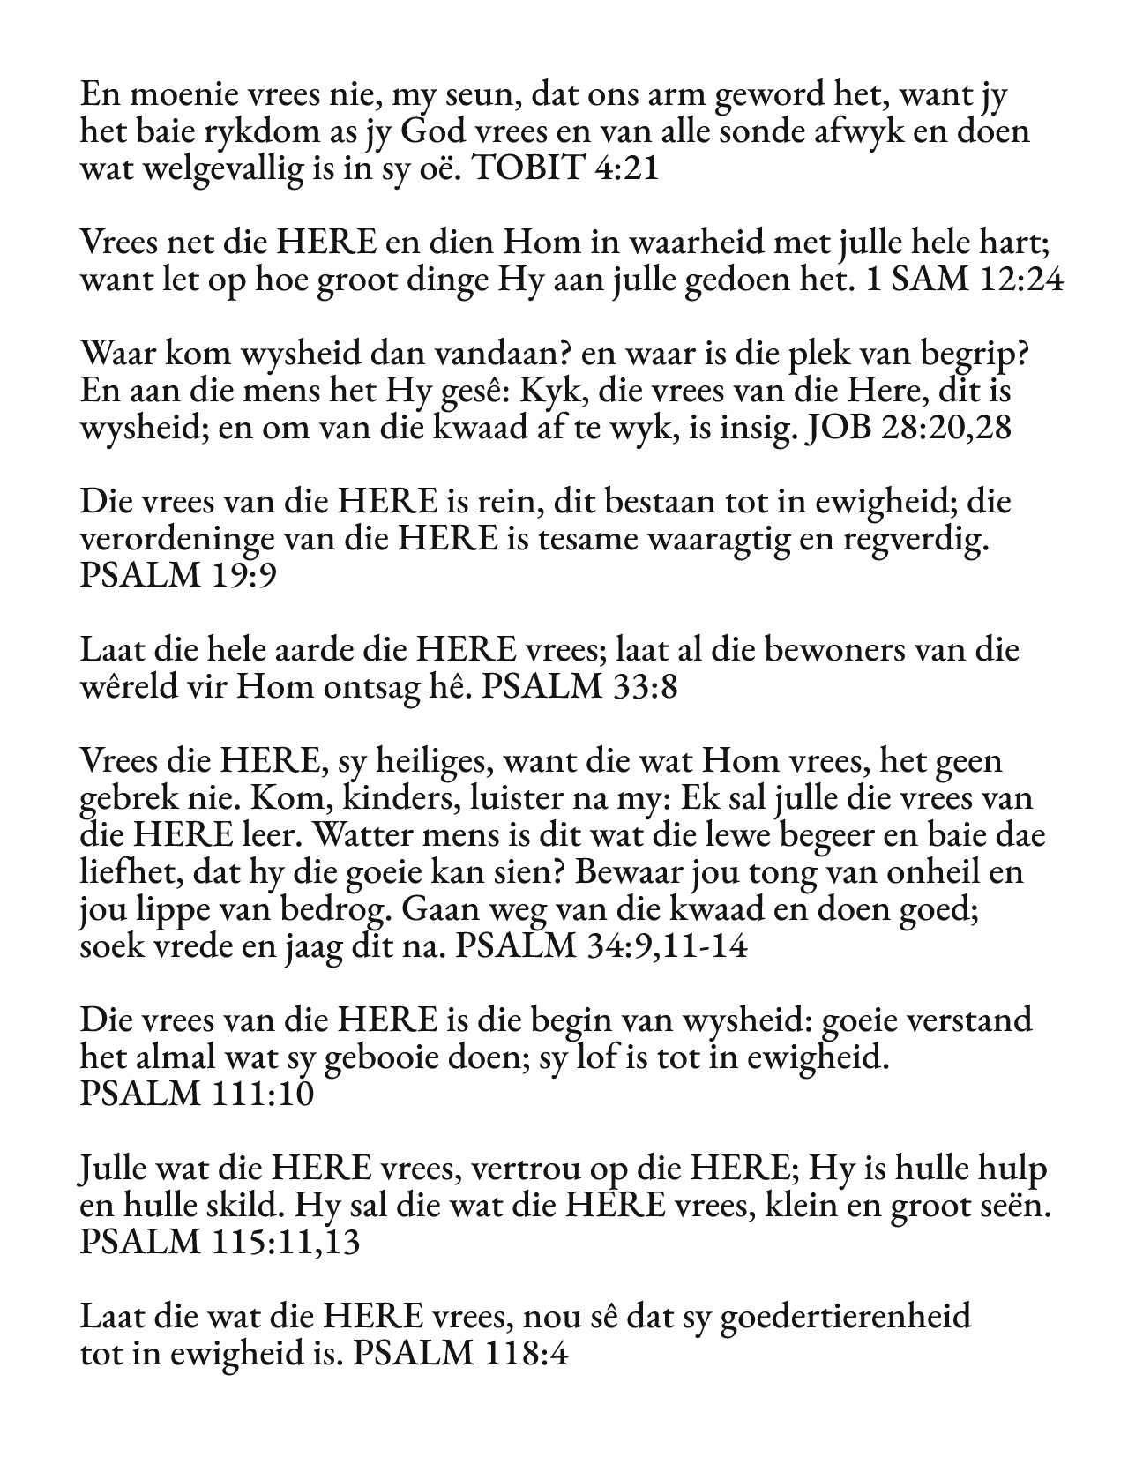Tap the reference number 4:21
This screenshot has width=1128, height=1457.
click(627, 168)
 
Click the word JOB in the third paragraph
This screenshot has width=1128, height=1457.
click(839, 428)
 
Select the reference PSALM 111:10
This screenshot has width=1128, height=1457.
click(197, 1095)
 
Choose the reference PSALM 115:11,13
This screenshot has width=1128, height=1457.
click(220, 1243)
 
